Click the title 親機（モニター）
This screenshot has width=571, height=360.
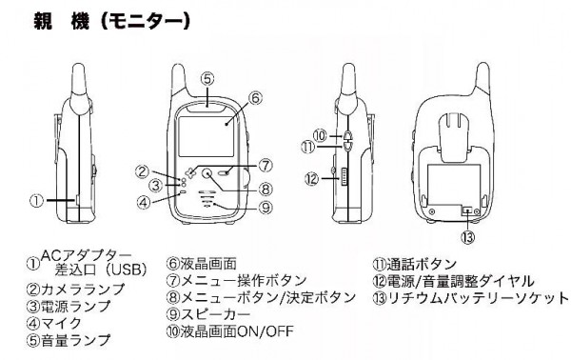111,22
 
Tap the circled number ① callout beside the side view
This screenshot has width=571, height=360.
36,201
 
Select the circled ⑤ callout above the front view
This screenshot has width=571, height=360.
207,79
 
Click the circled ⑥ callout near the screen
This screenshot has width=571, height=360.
255,98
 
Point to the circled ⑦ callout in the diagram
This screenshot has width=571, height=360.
266,166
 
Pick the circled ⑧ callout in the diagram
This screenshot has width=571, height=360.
266,190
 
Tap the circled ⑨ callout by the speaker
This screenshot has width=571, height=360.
266,208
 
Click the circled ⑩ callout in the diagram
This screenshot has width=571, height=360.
321,136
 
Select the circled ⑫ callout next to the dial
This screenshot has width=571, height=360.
312,178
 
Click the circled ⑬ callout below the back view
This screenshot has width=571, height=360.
467,237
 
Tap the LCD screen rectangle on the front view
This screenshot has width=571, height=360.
206,137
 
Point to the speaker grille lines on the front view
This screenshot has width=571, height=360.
207,199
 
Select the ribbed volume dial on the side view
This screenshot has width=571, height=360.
344,177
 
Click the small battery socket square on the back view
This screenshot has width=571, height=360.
467,210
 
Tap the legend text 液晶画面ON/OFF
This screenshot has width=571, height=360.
237,331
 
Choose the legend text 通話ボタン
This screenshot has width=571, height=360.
422,264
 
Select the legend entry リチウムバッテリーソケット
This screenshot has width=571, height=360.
478,298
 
